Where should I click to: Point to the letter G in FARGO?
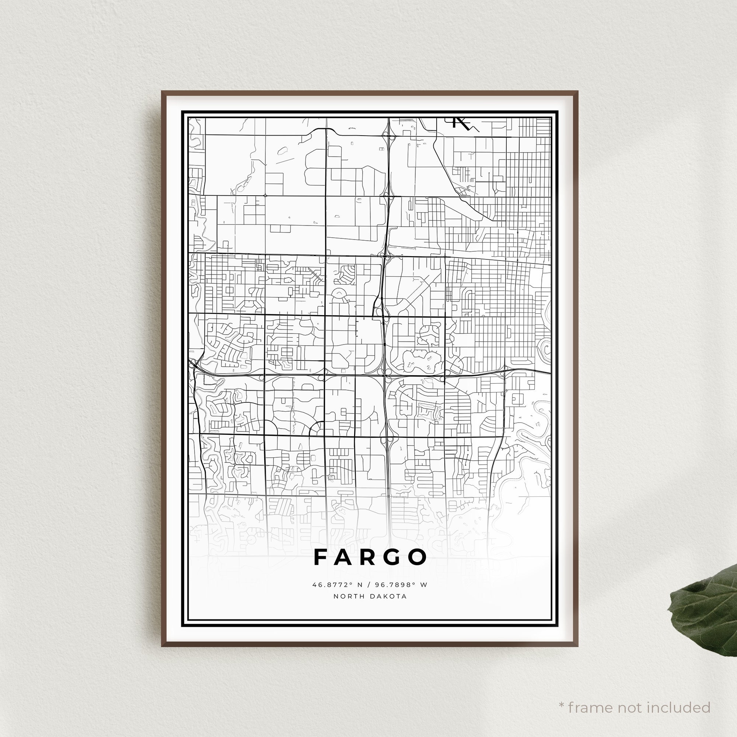point(393,557)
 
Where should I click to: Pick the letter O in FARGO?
point(418,557)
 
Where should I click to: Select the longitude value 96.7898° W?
point(400,584)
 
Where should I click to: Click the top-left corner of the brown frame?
point(163,92)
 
